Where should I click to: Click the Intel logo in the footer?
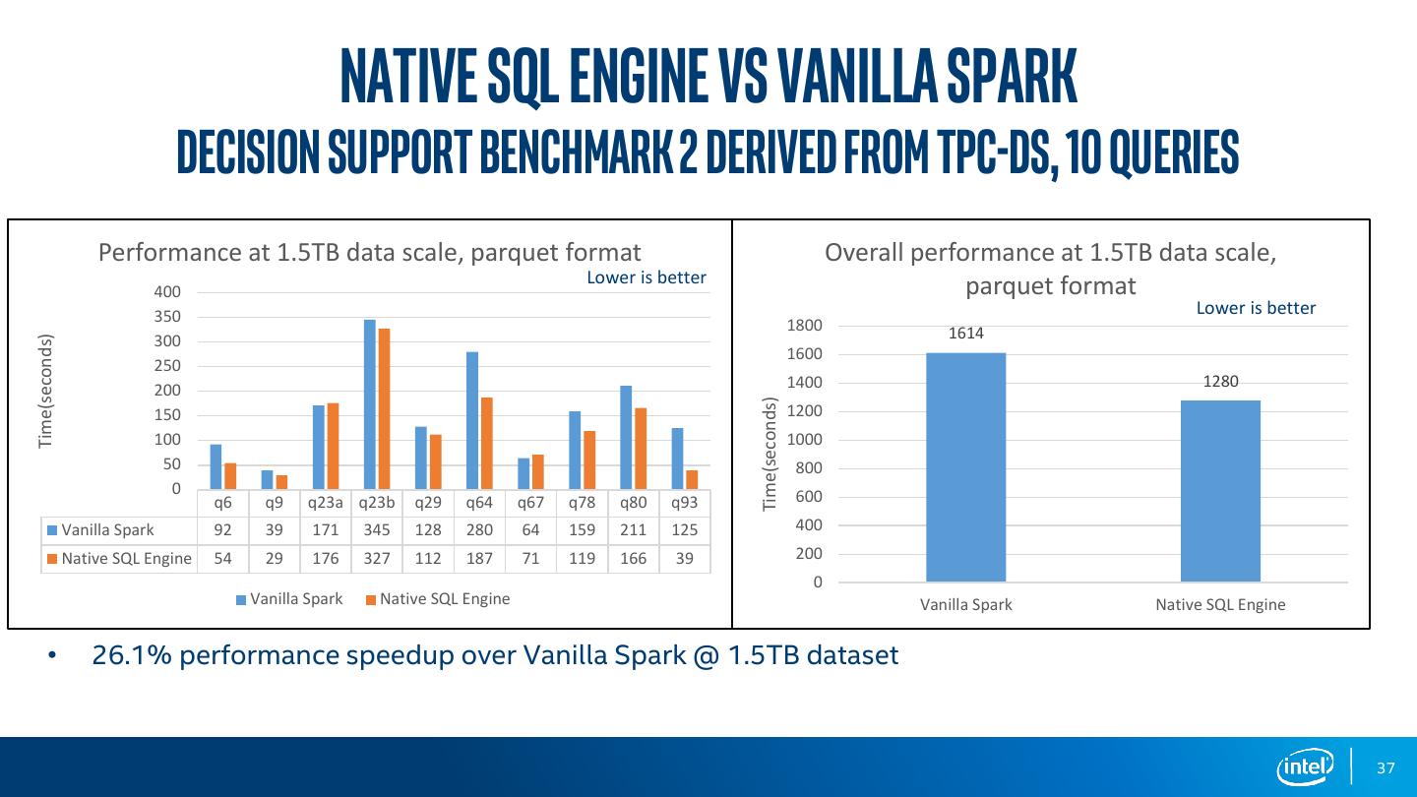[x=1305, y=766]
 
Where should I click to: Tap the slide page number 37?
[x=1386, y=767]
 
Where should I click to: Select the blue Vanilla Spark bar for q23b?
[x=370, y=404]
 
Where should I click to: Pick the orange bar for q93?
[x=692, y=479]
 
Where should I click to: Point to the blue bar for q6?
[x=216, y=466]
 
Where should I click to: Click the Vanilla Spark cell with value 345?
[x=377, y=529]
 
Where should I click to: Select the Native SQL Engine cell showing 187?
[x=479, y=558]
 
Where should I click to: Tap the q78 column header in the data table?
[x=582, y=502]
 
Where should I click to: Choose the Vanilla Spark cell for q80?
[x=633, y=529]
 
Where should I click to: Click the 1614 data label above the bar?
[x=965, y=334]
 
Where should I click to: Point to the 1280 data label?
[x=1220, y=382]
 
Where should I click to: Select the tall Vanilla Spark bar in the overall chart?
[x=965, y=466]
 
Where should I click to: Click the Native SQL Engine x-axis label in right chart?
[x=1220, y=604]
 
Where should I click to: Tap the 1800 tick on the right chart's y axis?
[x=805, y=326]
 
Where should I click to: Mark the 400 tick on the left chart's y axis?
[x=167, y=291]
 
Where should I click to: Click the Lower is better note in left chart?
[x=647, y=277]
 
